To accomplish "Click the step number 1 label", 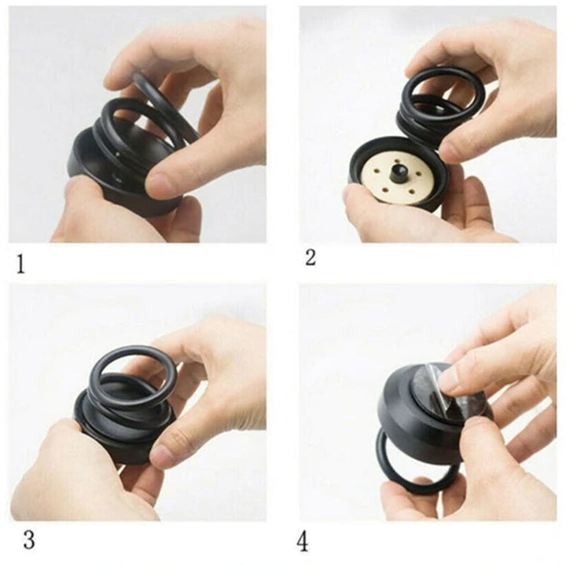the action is pyautogui.click(x=21, y=264).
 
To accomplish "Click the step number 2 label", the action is pyautogui.click(x=311, y=258).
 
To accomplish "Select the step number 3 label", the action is pyautogui.click(x=29, y=540).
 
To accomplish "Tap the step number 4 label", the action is pyautogui.click(x=303, y=542).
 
